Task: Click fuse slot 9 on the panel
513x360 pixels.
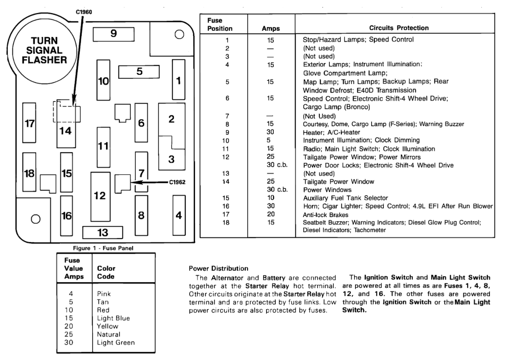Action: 113,34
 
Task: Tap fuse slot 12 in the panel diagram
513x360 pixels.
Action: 100,196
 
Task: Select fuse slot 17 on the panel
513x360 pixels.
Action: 29,123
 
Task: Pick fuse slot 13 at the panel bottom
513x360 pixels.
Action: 103,233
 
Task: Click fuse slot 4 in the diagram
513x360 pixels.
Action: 179,215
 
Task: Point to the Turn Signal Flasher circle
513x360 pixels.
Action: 38,51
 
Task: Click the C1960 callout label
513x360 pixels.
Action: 84,12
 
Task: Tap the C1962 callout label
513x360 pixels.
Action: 178,182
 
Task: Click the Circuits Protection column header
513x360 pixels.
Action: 399,28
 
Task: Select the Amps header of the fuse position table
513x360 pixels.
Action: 271,29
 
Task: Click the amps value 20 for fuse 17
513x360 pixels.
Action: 271,214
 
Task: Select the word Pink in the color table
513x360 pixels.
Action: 104,293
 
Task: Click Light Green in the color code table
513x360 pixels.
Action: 116,342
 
